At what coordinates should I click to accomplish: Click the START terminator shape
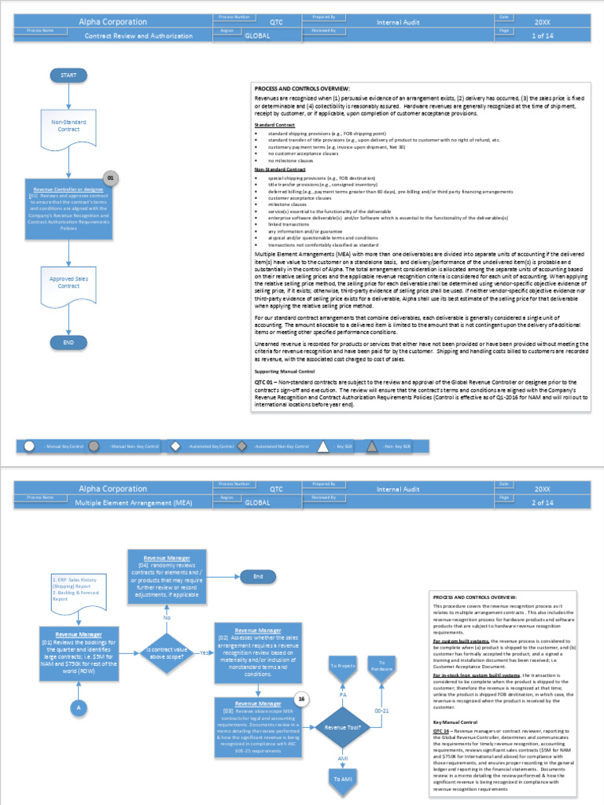68,75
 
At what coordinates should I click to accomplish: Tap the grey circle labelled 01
111,178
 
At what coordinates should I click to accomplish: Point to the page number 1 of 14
543,36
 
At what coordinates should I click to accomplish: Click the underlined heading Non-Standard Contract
280,169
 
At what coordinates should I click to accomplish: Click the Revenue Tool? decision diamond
343,728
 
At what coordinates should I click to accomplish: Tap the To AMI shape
343,779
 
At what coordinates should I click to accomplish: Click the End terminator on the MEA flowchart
257,576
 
